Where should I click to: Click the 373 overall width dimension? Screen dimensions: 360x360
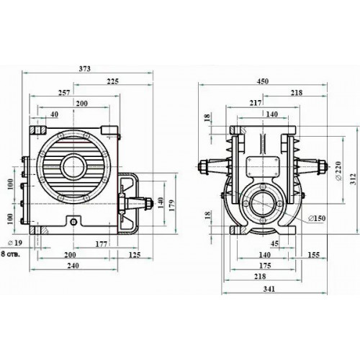point(85,68)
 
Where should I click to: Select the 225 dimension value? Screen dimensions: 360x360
point(112,81)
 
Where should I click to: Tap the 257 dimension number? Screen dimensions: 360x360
point(64,93)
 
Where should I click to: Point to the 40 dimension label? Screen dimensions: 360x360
point(55,114)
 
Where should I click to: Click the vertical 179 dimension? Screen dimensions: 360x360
point(172,205)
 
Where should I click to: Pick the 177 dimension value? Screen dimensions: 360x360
point(101,244)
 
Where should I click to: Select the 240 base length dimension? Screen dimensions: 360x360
point(73,266)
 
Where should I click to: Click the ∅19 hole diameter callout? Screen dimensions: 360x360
point(15,243)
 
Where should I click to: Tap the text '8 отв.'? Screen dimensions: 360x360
point(11,254)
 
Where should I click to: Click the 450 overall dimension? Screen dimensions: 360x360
point(263,81)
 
